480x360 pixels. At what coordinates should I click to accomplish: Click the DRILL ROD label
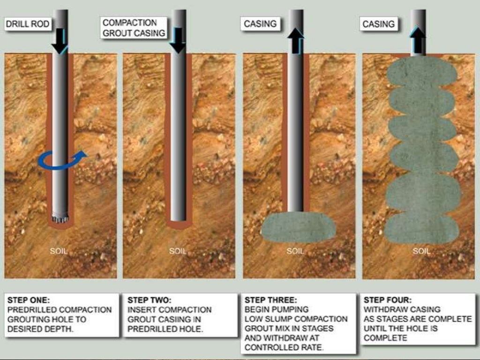pos(27,24)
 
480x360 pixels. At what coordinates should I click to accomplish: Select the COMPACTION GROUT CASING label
pos(134,28)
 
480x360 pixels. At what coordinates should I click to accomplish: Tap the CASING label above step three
pos(260,24)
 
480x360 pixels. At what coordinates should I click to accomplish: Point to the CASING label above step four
pos(378,24)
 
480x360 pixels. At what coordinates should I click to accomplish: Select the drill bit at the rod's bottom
pos(60,218)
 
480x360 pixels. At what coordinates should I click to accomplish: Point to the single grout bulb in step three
pos(299,227)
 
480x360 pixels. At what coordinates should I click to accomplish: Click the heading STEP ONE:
pos(28,300)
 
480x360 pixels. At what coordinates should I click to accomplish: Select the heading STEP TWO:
pos(149,300)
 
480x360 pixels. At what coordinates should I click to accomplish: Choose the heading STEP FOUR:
pos(388,300)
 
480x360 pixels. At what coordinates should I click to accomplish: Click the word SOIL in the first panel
pos(59,251)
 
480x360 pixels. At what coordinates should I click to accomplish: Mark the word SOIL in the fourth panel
pos(421,251)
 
